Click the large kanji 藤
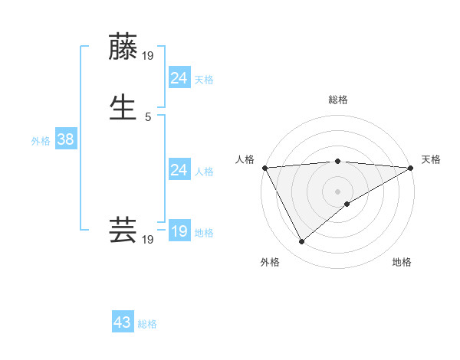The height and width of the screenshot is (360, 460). (x=123, y=47)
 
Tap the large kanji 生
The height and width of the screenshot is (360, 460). (x=123, y=106)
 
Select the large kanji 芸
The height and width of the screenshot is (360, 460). (x=123, y=230)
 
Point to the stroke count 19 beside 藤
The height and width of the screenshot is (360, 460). (x=149, y=55)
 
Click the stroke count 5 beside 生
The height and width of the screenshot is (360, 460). (x=148, y=116)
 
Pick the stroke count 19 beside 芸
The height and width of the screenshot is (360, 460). (x=148, y=240)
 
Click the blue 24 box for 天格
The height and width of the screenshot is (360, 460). (x=179, y=77)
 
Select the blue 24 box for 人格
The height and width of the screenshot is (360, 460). (x=179, y=170)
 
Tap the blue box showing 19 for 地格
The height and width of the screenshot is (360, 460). (x=179, y=231)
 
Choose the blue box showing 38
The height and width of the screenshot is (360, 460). (x=65, y=140)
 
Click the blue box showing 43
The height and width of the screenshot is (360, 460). (x=123, y=322)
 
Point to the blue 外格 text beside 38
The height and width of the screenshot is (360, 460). (x=41, y=141)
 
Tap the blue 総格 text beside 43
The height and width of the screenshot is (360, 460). (x=147, y=324)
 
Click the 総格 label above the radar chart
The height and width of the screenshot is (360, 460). (x=338, y=100)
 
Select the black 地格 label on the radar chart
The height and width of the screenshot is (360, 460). (x=402, y=262)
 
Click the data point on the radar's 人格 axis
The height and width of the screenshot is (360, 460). (x=264, y=168)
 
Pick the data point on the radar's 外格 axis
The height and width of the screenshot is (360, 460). (x=301, y=242)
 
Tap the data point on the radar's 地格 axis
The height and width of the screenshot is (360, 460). (x=347, y=204)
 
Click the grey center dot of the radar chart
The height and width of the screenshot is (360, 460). (x=338, y=191)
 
